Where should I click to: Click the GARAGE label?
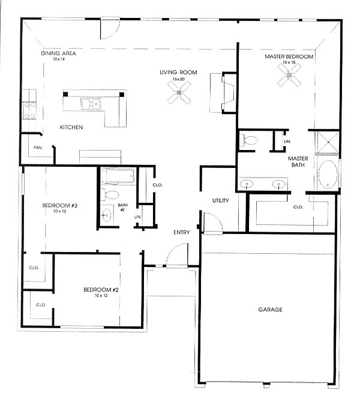click(x=270, y=310)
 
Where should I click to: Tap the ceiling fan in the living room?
click(x=179, y=92)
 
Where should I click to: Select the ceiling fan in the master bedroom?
click(x=289, y=75)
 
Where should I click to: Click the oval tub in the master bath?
click(x=328, y=175)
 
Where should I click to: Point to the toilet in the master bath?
click(x=248, y=140)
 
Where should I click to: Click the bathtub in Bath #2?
click(x=118, y=176)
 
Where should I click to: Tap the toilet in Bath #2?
click(x=110, y=194)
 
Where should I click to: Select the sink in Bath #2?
click(x=106, y=215)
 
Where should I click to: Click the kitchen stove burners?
click(x=29, y=110)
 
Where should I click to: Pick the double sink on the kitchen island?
click(x=91, y=104)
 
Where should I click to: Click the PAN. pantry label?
click(x=38, y=148)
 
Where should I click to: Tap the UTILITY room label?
click(x=221, y=200)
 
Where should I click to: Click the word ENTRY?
click(x=182, y=232)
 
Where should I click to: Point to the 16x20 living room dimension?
click(x=178, y=79)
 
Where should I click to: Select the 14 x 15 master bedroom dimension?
click(x=289, y=62)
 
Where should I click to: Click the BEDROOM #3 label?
click(x=59, y=206)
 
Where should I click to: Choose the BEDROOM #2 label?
click(x=101, y=290)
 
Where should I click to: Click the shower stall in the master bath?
click(x=328, y=143)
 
